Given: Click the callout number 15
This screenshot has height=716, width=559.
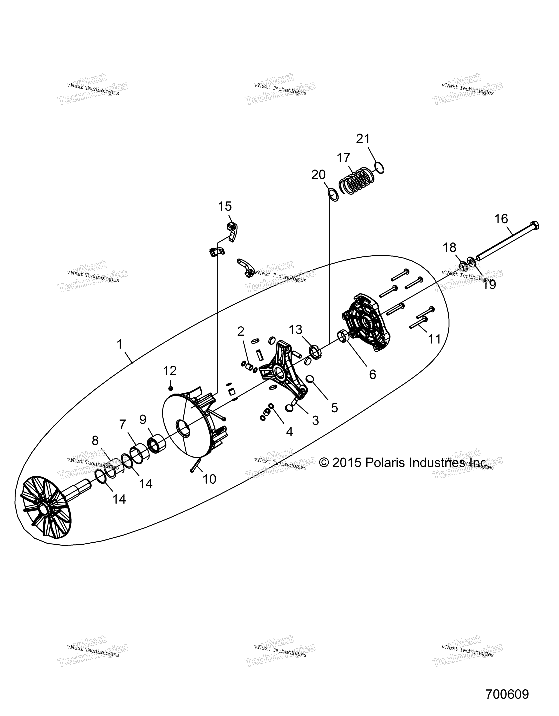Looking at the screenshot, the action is point(225,207).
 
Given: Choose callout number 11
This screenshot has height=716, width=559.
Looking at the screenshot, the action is point(435,339).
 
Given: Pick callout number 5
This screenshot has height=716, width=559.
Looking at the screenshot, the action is point(334,408).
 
